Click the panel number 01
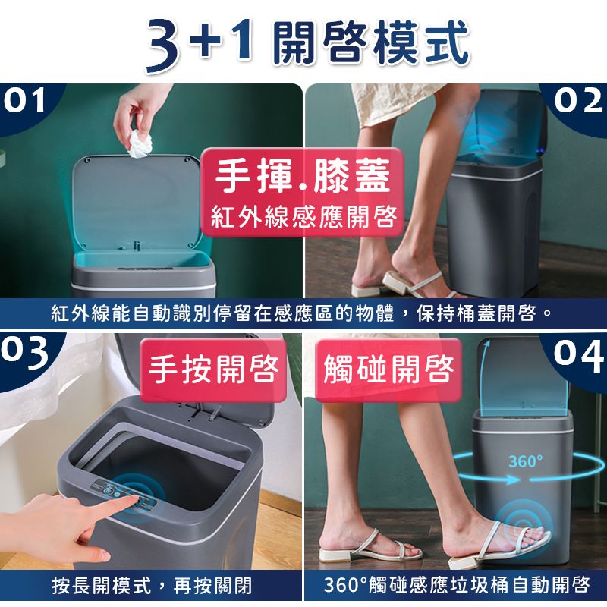(x=24, y=100)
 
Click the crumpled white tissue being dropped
(x=140, y=144)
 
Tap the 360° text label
(x=525, y=461)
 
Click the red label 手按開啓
(x=213, y=370)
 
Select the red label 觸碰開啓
(x=388, y=370)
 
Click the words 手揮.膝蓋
(x=303, y=176)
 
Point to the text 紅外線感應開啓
(x=304, y=216)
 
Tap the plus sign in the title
(x=210, y=39)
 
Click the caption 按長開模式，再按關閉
(x=153, y=585)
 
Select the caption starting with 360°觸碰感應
(x=457, y=585)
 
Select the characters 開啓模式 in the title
(x=371, y=42)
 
